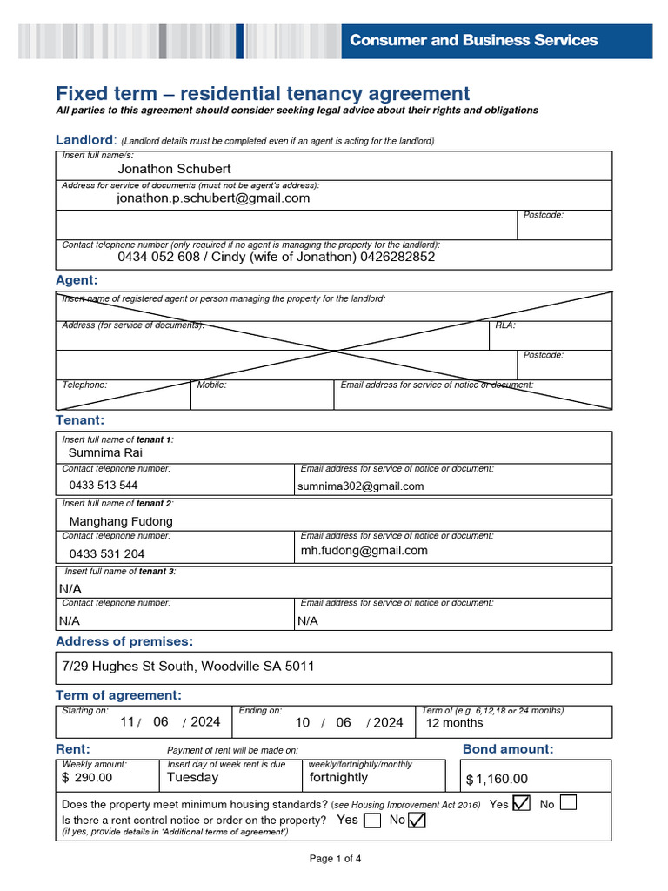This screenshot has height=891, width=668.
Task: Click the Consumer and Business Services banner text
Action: point(473,40)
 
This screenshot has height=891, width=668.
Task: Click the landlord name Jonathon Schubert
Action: point(174,169)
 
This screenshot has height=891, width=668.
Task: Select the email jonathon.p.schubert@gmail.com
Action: point(213,198)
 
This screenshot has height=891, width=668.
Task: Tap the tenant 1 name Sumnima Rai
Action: point(105,452)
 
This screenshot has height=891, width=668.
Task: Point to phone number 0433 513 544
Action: point(103,486)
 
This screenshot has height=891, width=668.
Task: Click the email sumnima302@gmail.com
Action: point(360,486)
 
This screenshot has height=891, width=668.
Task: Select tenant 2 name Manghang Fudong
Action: point(121,521)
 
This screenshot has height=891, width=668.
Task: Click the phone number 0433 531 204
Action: point(107,553)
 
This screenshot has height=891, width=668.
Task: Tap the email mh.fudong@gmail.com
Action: point(364,551)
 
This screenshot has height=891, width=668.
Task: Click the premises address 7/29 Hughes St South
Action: point(188,667)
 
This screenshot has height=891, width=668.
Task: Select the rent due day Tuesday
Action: point(192,778)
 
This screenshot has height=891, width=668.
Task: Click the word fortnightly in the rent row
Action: point(338,778)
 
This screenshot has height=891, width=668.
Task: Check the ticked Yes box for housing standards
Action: point(521,803)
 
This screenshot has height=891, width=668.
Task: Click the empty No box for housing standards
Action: point(568,803)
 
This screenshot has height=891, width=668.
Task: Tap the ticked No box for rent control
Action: point(417,821)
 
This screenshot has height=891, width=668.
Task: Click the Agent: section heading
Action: point(77,280)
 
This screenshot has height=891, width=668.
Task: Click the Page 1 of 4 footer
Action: point(335,859)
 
